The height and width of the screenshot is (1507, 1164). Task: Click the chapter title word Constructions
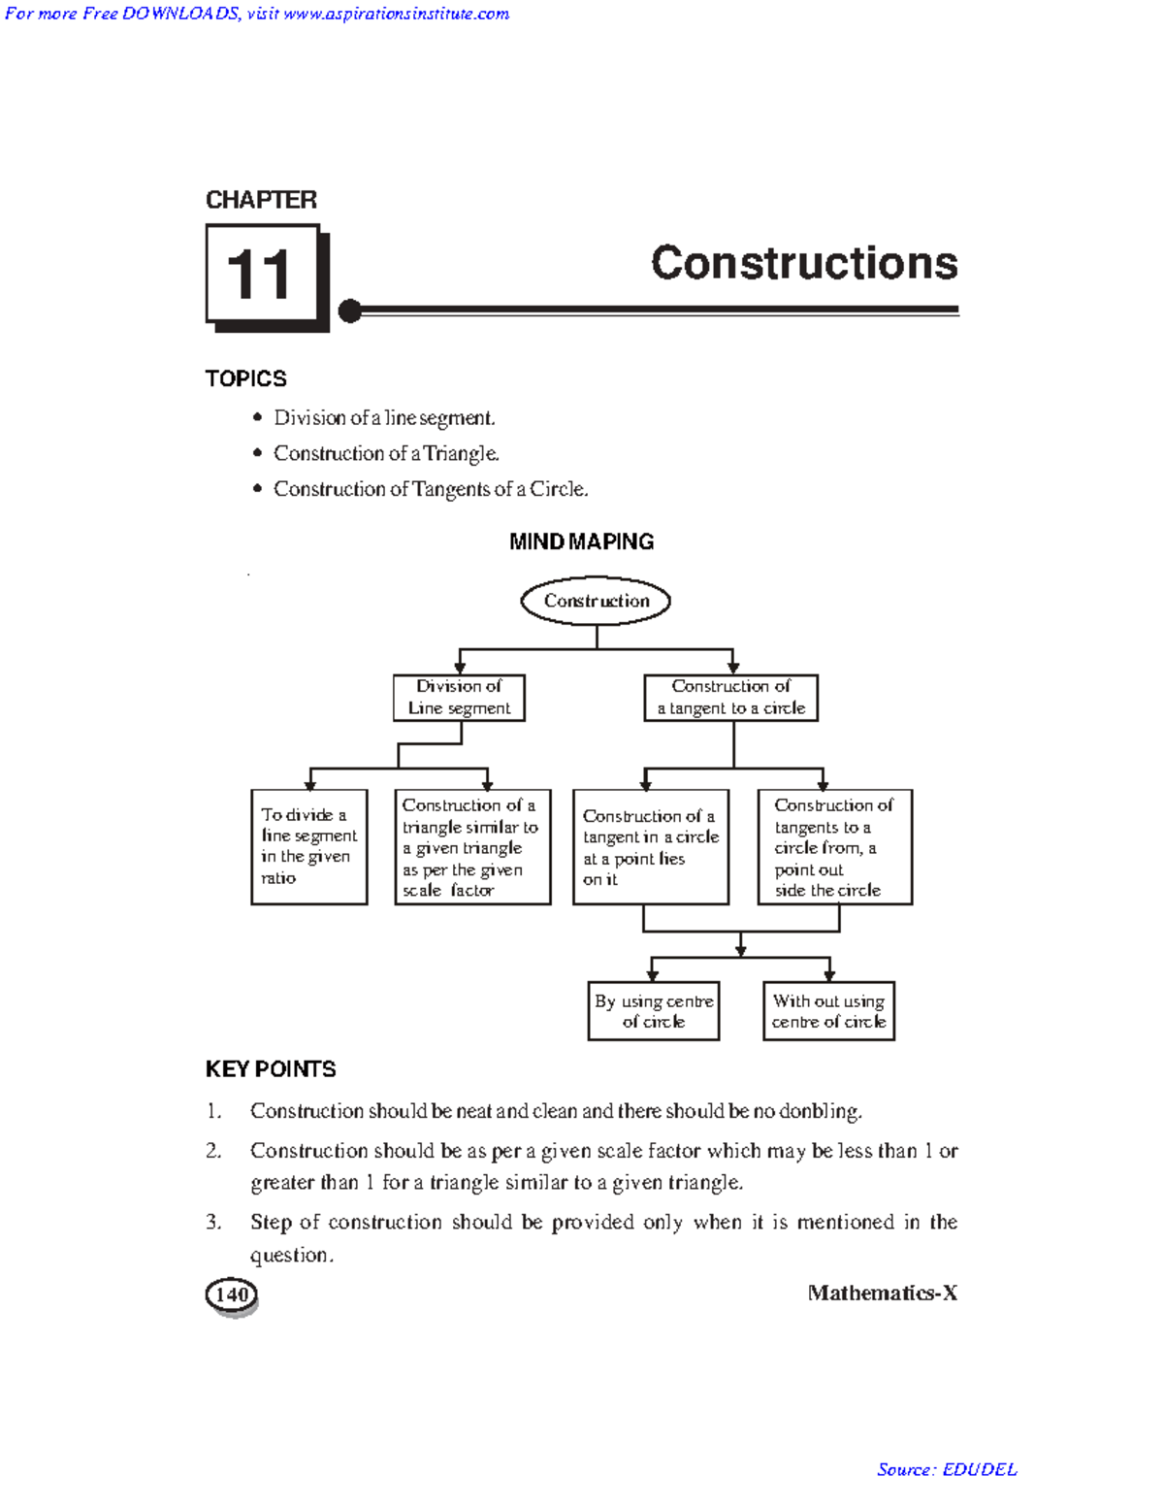pos(804,263)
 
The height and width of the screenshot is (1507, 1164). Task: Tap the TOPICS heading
pos(245,378)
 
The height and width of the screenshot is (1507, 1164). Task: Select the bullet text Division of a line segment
pos(384,418)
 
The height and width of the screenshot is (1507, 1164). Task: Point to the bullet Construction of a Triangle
pos(386,453)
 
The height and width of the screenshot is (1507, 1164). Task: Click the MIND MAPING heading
pos(581,541)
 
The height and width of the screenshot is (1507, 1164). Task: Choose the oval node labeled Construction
pos(596,601)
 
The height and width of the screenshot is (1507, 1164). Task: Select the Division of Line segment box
pos(459,698)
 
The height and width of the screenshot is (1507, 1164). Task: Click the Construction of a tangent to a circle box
pos(730,698)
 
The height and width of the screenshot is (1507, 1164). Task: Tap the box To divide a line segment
pos(308,846)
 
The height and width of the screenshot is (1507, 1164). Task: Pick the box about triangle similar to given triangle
pos(472,847)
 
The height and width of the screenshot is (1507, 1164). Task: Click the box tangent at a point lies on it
pos(650,847)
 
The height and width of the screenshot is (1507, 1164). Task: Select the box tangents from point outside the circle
pos(834,847)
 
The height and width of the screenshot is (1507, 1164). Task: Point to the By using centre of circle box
pos(654,1011)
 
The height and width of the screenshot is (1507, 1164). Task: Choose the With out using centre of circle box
pos(828,1011)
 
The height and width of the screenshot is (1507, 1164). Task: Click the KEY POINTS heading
pos(271,1069)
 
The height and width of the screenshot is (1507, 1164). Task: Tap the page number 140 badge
pos(232,1294)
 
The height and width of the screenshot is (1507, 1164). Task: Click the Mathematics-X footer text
pos(882,1293)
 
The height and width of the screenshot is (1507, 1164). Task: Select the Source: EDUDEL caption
pos(947,1469)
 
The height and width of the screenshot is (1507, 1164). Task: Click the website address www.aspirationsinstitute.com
pos(397,14)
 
